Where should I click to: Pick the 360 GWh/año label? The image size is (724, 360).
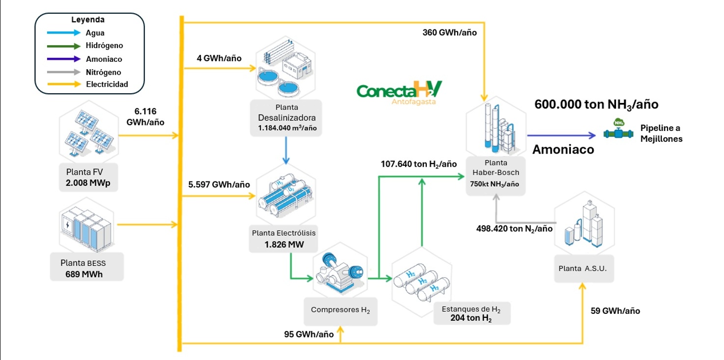click(x=449, y=32)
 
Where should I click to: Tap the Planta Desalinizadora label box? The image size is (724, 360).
click(x=286, y=117)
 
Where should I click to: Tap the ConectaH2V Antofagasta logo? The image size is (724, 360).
click(x=399, y=92)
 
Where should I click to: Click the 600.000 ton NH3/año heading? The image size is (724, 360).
click(x=596, y=104)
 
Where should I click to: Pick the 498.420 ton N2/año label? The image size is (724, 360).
click(x=515, y=229)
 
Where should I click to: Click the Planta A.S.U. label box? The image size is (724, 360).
click(x=584, y=268)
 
